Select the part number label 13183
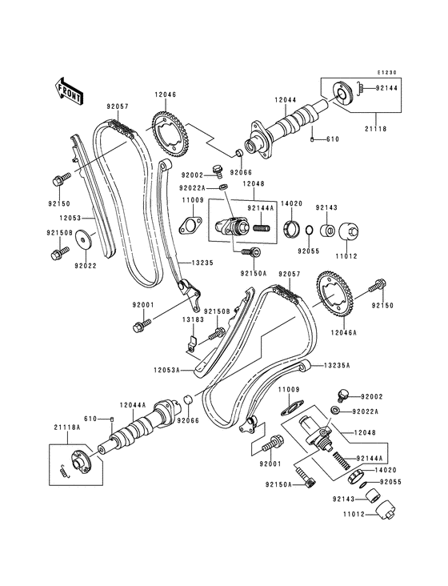pyautogui.click(x=191, y=319)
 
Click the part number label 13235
pyautogui.click(x=202, y=262)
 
